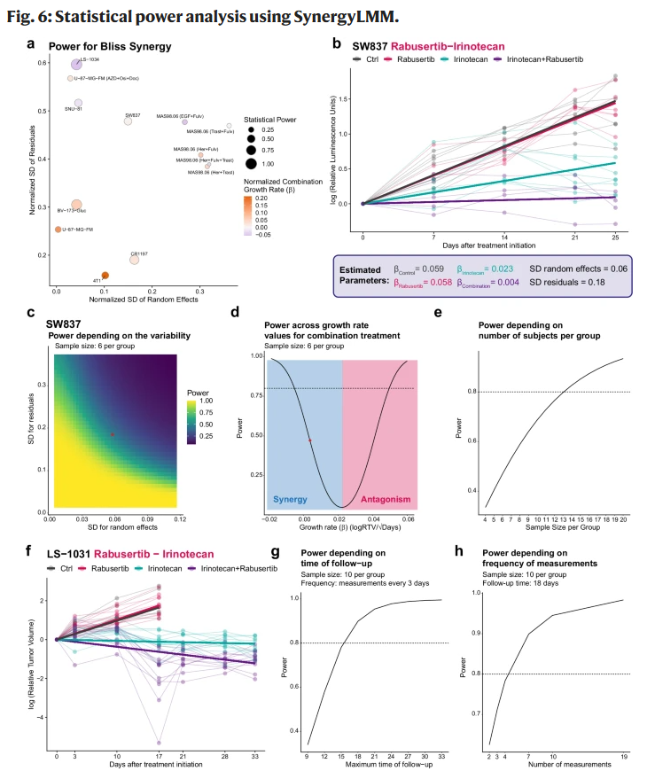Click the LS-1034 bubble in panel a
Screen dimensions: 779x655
[77, 64]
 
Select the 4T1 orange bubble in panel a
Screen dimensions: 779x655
[105, 276]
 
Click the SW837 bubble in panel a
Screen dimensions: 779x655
[128, 121]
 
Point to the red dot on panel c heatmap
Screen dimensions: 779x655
[112, 434]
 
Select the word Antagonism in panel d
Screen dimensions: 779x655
[377, 499]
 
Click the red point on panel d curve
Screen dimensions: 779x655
[309, 440]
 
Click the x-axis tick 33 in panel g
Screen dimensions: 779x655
[441, 755]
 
